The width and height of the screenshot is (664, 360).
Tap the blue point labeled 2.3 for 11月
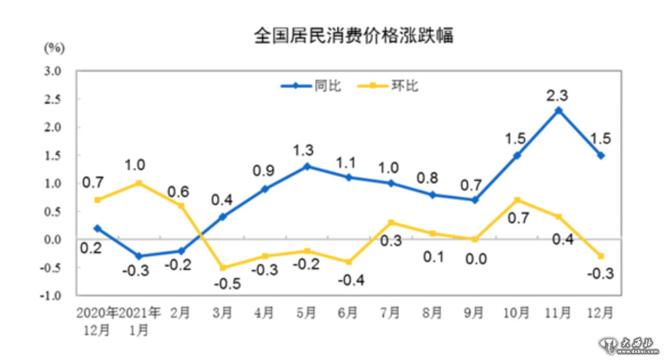[x=558, y=110]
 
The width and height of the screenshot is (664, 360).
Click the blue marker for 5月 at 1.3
[x=307, y=166]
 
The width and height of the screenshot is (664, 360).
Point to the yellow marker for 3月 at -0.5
[x=223, y=267]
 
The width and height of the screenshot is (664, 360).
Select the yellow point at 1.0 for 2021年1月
[x=139, y=183]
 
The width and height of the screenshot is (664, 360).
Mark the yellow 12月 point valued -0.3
[x=600, y=256]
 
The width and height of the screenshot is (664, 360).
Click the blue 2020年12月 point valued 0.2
[x=97, y=228]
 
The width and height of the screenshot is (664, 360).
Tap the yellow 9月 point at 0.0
[x=475, y=239]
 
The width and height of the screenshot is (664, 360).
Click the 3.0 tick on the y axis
[x=53, y=71]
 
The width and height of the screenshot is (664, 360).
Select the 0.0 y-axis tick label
[x=53, y=239]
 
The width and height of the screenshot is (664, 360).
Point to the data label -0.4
[x=350, y=281]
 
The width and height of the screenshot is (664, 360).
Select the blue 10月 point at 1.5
[x=517, y=155]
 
